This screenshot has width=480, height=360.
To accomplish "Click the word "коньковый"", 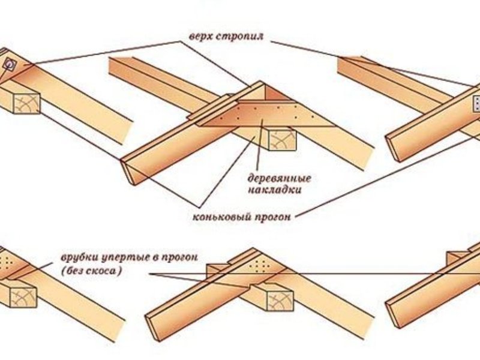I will pos(221,217).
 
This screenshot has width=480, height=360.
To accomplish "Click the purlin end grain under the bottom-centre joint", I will pos(279,301).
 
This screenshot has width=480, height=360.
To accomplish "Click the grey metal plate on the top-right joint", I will pos(476,104).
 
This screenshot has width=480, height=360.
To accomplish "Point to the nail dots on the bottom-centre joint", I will pos(260,265).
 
